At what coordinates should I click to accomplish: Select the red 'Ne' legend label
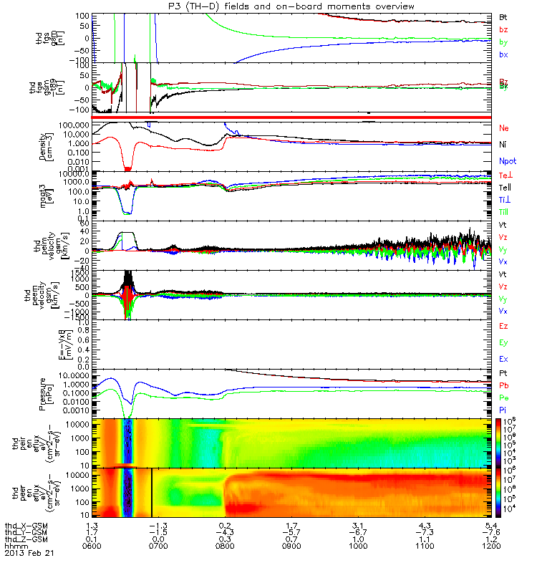coord(503,127)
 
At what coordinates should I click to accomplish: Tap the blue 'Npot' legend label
coord(506,159)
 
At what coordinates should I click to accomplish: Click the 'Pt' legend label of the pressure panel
coord(503,375)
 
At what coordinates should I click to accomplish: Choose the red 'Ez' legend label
coord(503,326)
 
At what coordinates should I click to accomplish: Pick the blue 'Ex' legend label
coord(503,358)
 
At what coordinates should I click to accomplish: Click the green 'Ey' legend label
coord(503,342)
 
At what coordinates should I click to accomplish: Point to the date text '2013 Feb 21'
coord(29,554)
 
